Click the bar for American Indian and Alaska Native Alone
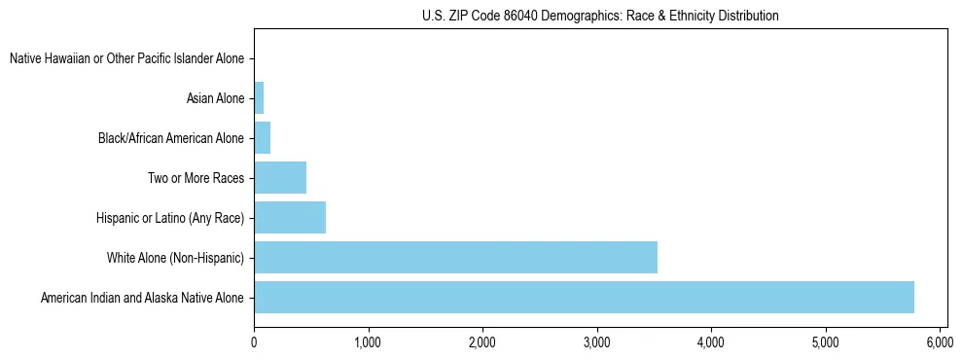coord(584,297)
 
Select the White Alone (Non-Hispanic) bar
coord(455,257)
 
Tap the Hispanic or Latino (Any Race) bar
coord(290,217)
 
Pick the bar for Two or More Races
coord(280,178)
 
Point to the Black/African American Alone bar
coord(262,138)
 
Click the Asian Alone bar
coord(259,98)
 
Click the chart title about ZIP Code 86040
coord(600,17)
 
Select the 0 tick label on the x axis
coord(254,342)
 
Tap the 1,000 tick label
coord(368,342)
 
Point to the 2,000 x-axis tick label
coord(482,342)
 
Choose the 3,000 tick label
coord(596,342)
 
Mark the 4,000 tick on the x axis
coord(711,342)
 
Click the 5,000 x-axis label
coord(825,342)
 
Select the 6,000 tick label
coord(940,342)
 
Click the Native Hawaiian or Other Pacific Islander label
coord(126,59)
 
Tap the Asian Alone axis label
coord(215,98)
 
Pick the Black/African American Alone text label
coord(171,138)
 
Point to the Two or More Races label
coord(196,178)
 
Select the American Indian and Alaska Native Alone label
coord(142,297)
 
